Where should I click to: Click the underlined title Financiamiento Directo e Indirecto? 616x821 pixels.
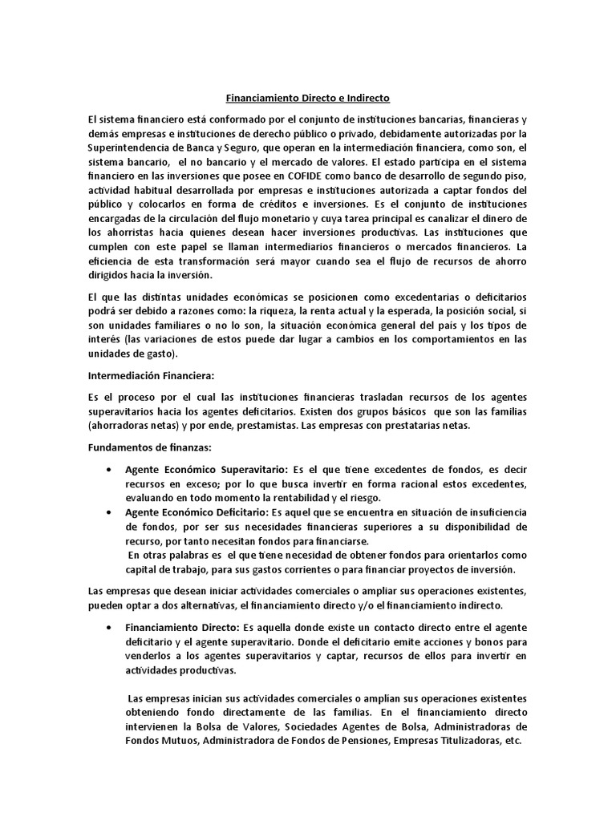[x=309, y=98]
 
